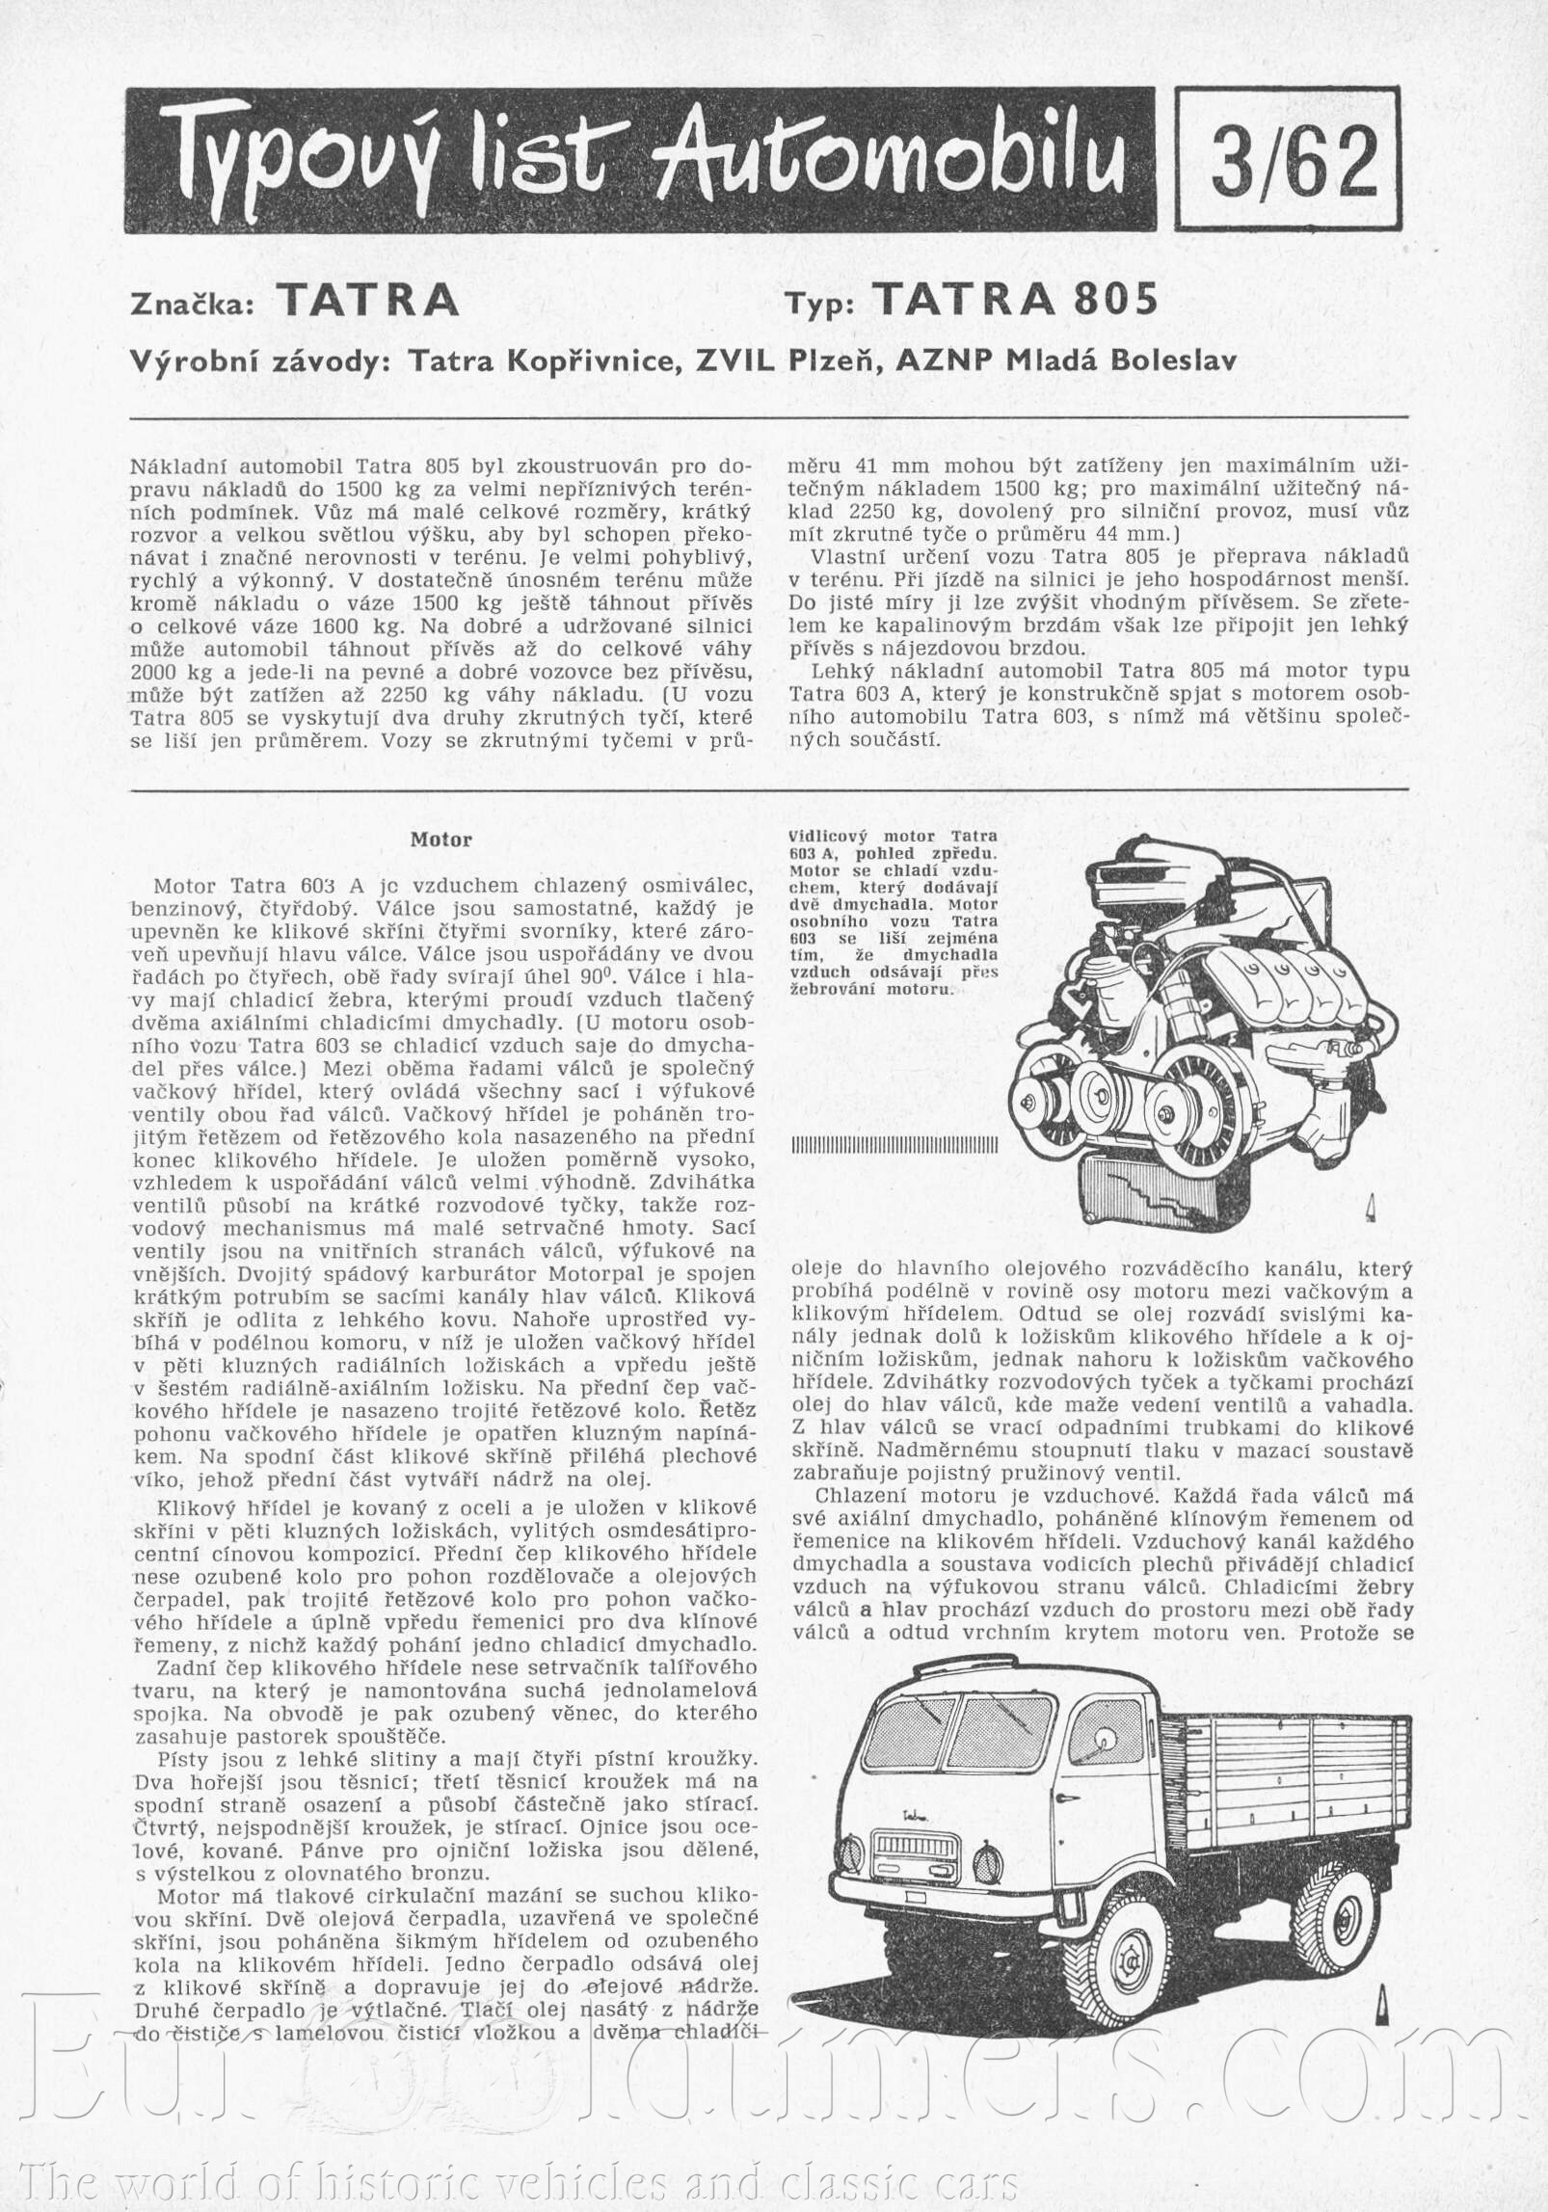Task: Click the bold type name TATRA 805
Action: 1015,301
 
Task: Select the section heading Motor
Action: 441,839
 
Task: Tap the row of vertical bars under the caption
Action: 891,1147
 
